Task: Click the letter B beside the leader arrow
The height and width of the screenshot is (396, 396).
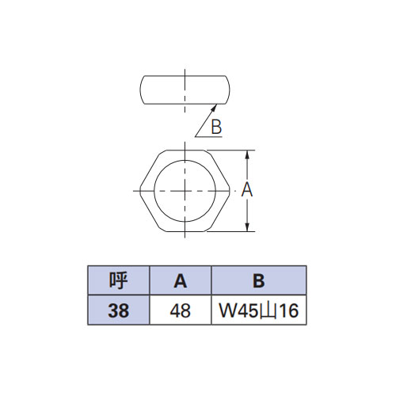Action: (x=216, y=127)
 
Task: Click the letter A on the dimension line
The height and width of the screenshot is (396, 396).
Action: (x=247, y=189)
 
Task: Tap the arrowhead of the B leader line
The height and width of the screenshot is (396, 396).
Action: (x=215, y=107)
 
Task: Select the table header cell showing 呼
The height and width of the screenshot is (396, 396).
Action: (x=119, y=280)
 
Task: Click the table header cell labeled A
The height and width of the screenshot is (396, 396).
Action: (x=181, y=280)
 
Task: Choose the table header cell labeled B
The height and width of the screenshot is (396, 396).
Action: (x=259, y=280)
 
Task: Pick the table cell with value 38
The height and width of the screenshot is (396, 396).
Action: (x=119, y=310)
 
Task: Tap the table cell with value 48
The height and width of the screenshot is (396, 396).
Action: (x=181, y=310)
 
